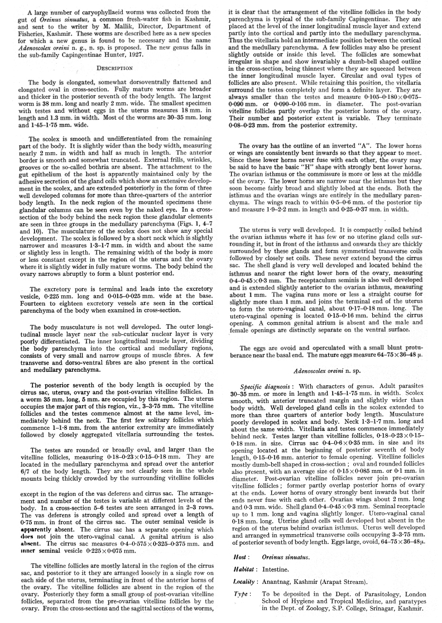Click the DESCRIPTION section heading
pos(114,68)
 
